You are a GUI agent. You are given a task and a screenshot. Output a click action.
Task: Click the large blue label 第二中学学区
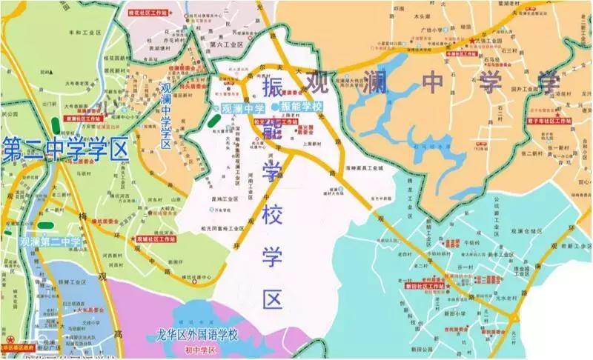(65, 150)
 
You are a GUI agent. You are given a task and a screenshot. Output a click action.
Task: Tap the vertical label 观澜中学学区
(166, 114)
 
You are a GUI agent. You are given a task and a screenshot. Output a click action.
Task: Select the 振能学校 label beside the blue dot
(302, 107)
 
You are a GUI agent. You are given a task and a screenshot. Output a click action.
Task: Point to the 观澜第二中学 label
(50, 241)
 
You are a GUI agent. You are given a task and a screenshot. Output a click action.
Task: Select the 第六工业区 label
(226, 44)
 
